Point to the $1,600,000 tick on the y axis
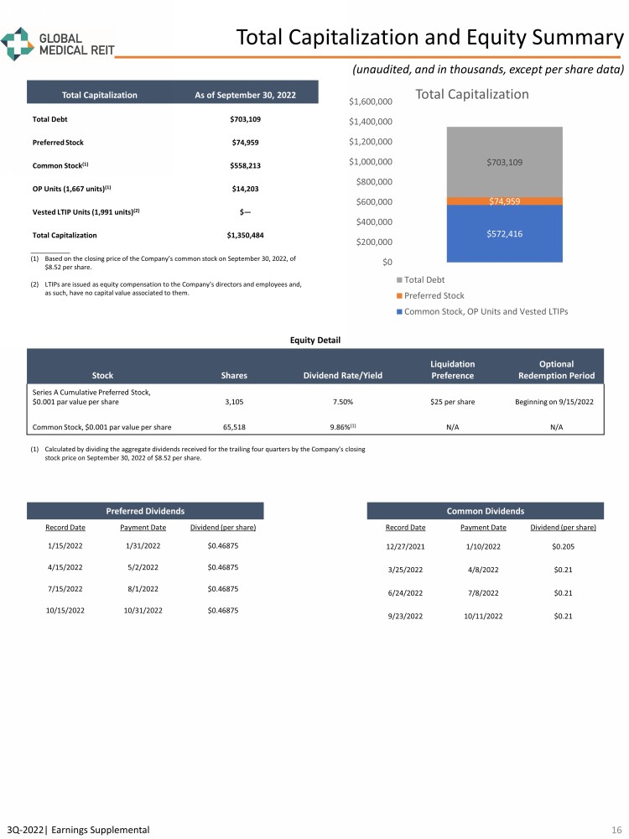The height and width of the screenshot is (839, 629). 370,102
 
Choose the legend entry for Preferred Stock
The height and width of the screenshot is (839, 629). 434,295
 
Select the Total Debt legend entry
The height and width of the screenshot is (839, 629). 424,279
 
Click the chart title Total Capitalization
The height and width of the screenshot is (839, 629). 472,94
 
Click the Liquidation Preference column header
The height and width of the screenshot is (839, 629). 452,369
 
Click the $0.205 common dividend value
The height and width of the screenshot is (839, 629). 564,545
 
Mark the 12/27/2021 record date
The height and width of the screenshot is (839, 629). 405,545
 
